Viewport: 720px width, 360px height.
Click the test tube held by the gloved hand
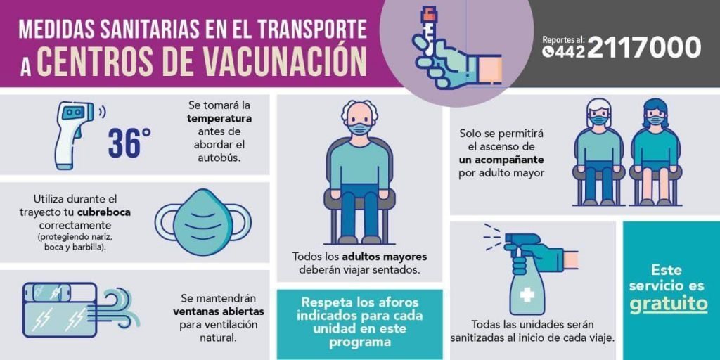429,32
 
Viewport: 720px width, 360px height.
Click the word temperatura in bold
219,118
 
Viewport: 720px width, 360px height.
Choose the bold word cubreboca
104,213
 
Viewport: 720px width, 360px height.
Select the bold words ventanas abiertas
219,311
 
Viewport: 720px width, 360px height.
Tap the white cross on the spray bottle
527,294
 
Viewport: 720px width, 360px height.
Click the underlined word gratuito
668,304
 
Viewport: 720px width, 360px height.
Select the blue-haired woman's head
654,114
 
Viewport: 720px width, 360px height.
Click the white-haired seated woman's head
599,114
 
